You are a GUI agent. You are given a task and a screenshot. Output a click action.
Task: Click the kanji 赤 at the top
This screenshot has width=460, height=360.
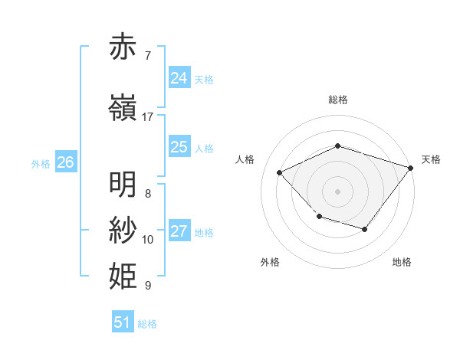[123, 47]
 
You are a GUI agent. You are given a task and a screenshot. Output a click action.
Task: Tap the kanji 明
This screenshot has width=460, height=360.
[123, 185]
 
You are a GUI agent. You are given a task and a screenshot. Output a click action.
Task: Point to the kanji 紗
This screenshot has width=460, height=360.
[123, 229]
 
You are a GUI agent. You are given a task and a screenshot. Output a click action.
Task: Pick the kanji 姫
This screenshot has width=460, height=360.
[123, 274]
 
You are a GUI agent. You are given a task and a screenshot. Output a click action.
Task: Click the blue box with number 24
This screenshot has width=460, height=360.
[179, 78]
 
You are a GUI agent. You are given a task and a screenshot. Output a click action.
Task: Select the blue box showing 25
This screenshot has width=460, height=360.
[179, 147]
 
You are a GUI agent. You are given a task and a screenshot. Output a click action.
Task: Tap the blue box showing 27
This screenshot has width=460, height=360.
[179, 231]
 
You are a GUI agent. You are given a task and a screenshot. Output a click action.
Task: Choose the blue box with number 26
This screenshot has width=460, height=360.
[65, 162]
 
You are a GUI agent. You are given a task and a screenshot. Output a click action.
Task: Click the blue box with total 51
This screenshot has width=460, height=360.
[123, 322]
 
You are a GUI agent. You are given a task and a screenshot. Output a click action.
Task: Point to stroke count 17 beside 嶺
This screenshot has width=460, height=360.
[148, 117]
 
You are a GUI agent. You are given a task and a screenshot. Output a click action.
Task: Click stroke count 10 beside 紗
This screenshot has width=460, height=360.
[148, 240]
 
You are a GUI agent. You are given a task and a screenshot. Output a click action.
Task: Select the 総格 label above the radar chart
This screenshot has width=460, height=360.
[337, 100]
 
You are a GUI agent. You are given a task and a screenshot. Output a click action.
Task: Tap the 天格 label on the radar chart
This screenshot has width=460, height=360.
[431, 159]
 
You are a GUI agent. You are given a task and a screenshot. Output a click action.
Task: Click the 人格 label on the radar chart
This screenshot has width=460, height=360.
[245, 159]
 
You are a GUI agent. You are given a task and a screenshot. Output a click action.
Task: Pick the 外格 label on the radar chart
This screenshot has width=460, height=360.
[270, 262]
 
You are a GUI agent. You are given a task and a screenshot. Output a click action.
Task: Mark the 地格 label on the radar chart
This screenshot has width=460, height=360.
[402, 262]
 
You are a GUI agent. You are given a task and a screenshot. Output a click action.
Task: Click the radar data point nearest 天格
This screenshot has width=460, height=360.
[411, 167]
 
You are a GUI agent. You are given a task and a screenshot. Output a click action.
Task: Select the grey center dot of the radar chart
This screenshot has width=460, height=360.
[337, 191]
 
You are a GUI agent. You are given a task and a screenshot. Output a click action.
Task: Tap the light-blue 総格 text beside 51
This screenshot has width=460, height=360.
[147, 324]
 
